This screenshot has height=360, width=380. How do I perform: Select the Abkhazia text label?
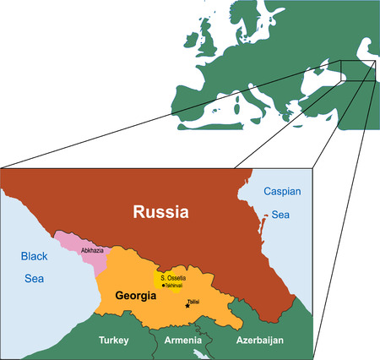pyautogui.click(x=92, y=251)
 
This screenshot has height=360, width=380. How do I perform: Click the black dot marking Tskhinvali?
pyautogui.click(x=162, y=286)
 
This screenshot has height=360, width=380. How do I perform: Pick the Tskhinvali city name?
pyautogui.click(x=174, y=286)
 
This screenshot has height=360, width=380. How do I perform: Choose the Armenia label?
pyautogui.click(x=183, y=340)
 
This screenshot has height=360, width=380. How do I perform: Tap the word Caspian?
pyautogui.click(x=280, y=192)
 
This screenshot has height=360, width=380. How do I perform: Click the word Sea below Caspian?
pyautogui.click(x=280, y=215)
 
